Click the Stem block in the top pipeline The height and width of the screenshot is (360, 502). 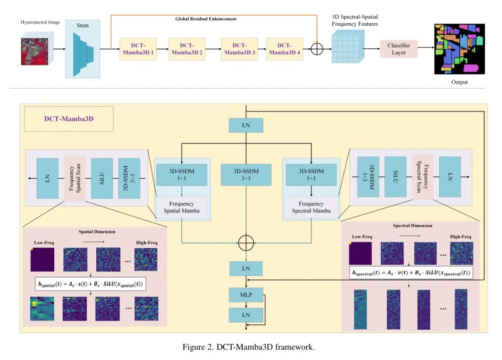83,48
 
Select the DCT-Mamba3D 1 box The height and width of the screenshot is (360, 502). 138,49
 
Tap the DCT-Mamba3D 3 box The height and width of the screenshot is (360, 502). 239,49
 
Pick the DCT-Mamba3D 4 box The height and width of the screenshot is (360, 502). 284,49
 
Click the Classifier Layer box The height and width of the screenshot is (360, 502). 399,49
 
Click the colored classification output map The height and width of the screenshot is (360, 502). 459,49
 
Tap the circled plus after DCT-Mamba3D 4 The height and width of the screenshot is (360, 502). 317,49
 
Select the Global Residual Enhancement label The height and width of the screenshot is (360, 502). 205,19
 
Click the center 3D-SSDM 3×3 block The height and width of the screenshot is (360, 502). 246,175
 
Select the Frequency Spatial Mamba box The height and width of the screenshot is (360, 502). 182,207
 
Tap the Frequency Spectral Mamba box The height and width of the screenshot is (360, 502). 311,207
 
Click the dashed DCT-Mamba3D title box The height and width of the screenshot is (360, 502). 69,119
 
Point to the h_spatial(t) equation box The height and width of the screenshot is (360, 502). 91,284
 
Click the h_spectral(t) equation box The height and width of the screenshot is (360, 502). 411,272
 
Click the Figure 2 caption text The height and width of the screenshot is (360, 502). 250,347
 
